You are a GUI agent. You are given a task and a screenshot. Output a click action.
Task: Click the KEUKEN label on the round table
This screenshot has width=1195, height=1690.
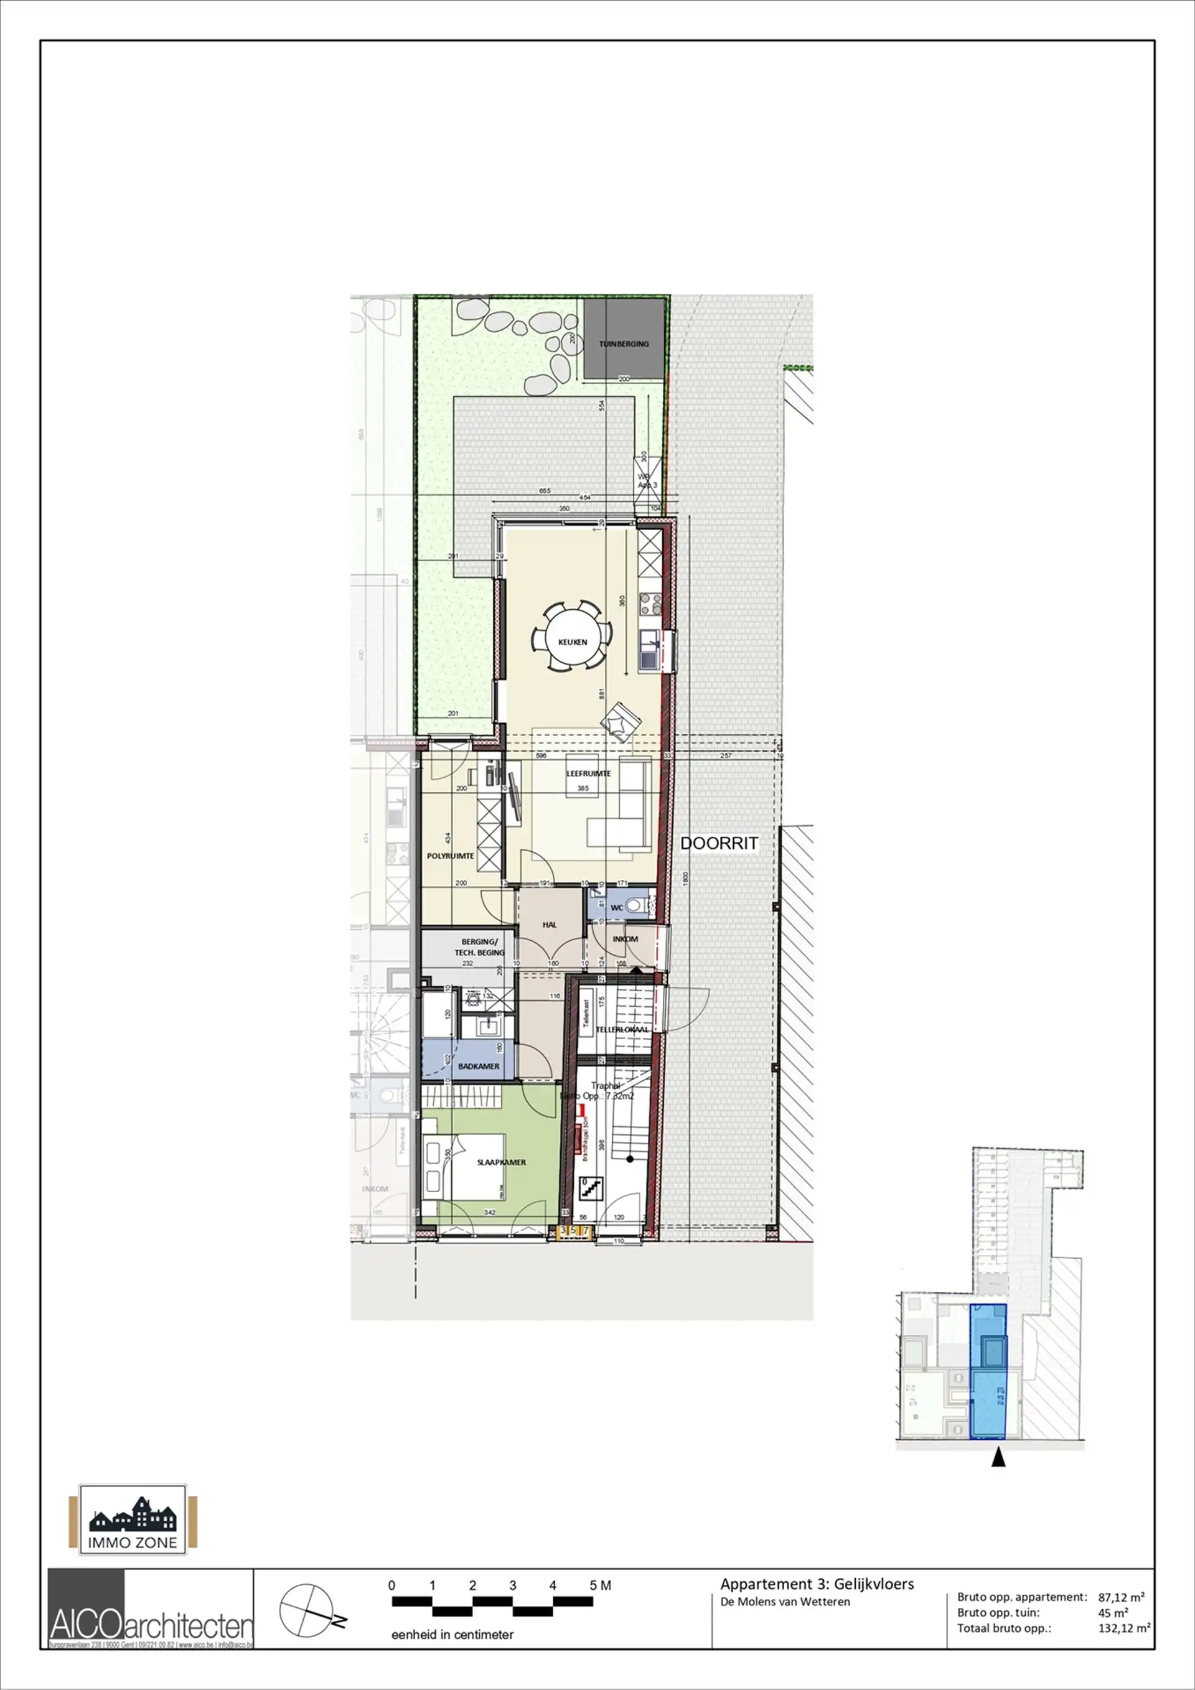coord(572,642)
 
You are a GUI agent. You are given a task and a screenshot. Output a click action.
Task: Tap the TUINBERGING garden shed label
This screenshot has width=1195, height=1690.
coord(624,343)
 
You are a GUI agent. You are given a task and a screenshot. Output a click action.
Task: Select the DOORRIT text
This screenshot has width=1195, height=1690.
coord(719,844)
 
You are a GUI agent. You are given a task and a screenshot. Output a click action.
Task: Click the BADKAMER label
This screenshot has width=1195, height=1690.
coord(479,1066)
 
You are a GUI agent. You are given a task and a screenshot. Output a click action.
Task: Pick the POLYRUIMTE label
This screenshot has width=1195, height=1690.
coord(451,856)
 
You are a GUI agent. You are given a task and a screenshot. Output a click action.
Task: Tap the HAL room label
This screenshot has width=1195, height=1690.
coord(550,925)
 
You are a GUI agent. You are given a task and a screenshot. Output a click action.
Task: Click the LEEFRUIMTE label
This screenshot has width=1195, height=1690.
coord(588,773)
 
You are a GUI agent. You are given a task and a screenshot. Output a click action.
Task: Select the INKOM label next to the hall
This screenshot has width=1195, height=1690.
coord(625,938)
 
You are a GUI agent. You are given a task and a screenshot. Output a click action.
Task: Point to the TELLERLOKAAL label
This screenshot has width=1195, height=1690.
coord(622,1030)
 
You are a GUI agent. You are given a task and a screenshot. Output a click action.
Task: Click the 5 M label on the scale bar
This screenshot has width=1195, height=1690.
coord(600,1585)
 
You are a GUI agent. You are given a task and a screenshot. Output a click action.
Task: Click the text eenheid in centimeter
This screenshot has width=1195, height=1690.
coord(452,1634)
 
